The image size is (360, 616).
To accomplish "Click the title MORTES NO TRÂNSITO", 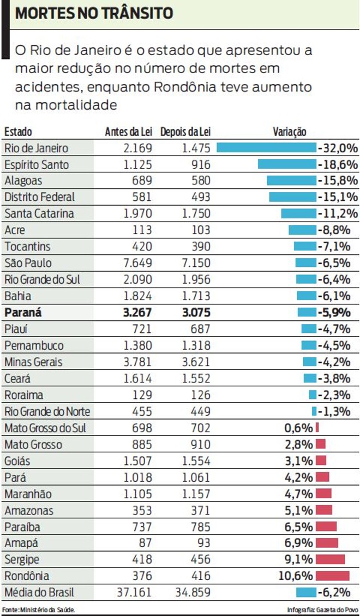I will (x=94, y=14).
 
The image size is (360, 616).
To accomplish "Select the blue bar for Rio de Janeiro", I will (x=266, y=148).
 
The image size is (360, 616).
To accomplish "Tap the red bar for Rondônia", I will (x=332, y=576).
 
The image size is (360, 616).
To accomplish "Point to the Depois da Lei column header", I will (x=185, y=132).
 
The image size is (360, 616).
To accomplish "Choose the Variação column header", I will (x=289, y=132).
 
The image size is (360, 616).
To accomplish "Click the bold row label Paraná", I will (x=23, y=313).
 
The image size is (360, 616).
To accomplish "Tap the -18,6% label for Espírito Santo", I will (x=338, y=164).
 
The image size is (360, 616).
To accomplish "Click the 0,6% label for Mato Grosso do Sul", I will (x=299, y=428).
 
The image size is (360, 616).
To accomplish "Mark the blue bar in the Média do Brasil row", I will (x=306, y=593).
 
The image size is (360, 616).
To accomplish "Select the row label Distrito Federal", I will (x=39, y=197).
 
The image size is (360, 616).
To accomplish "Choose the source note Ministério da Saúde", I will (x=38, y=609).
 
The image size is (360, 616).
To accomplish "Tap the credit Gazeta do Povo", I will (x=322, y=609).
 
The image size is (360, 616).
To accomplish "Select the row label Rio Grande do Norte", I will (x=47, y=411).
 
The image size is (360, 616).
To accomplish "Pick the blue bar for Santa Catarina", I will (x=298, y=214).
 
